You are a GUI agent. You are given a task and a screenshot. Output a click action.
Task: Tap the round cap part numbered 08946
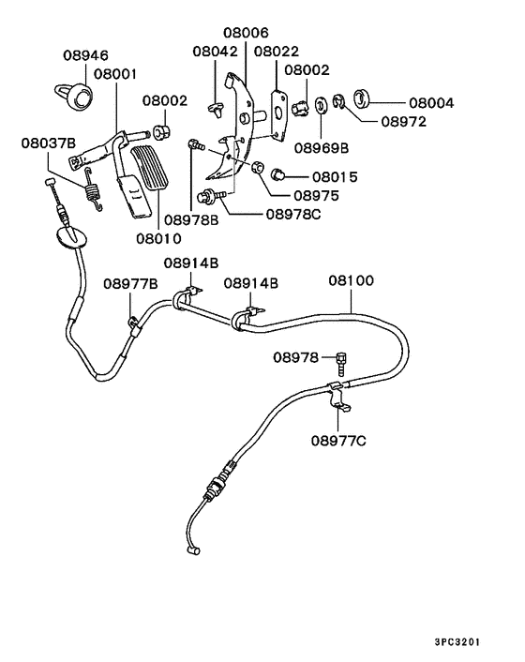tap(79, 95)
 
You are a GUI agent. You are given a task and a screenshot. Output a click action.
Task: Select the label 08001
tap(114, 72)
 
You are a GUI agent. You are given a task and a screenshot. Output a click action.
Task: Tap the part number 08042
tap(216, 52)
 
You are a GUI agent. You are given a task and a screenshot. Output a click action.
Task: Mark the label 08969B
tap(321, 147)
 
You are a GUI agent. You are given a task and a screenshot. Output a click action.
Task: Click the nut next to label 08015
tap(277, 174)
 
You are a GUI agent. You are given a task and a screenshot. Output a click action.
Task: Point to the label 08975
tap(316, 196)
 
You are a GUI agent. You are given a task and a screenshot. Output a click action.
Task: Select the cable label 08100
tap(352, 280)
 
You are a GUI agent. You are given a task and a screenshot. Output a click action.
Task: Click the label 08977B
tap(130, 282)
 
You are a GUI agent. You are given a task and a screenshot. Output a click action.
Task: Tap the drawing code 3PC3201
tap(457, 642)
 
